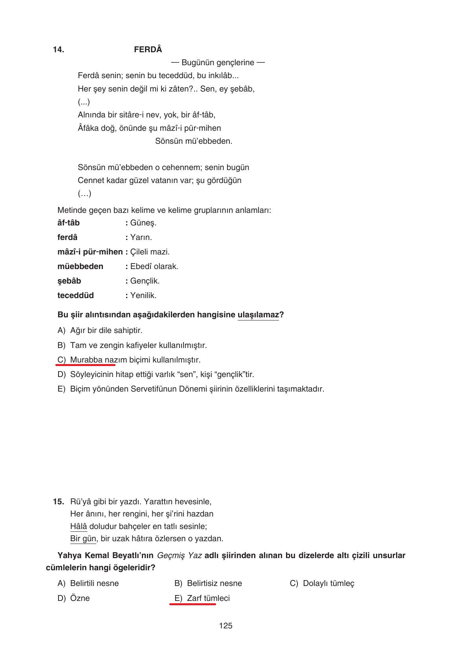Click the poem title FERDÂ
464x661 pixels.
click(148, 49)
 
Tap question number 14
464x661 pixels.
click(59, 49)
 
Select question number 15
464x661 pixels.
click(59, 502)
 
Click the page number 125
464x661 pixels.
click(226, 626)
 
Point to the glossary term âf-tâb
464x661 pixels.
click(68, 223)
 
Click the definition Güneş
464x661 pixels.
click(143, 223)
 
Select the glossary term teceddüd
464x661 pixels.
click(75, 295)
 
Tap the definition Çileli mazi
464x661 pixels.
click(150, 252)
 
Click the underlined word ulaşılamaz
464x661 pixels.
click(258, 315)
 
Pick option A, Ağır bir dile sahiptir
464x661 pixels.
click(100, 330)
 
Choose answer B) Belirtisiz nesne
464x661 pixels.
click(208, 583)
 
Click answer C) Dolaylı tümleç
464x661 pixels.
click(322, 583)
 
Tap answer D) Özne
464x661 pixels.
click(73, 598)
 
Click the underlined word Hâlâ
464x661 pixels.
click(79, 526)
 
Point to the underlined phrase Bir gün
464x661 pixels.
click(83, 538)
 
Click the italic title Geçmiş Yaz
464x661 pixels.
click(179, 555)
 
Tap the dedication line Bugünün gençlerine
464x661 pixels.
click(218, 62)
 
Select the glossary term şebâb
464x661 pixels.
click(69, 281)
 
